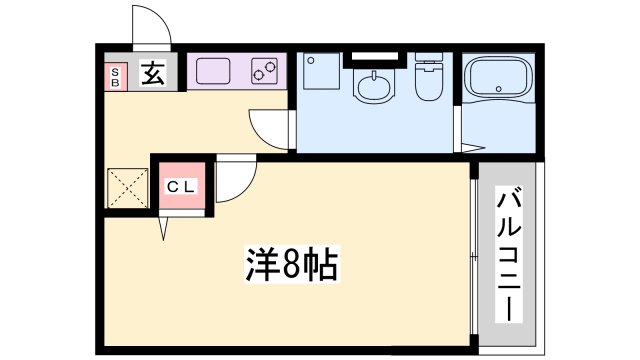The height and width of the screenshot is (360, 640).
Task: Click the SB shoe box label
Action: coord(114,77)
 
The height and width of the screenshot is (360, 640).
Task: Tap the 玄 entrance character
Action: coord(152,74)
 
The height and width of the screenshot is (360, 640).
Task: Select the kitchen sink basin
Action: coord(212,71)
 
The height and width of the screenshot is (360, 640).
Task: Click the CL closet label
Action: coord(180,186)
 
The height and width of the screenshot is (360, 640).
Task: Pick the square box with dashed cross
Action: coord(128,188)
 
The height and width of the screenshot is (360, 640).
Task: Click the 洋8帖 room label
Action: coord(290,266)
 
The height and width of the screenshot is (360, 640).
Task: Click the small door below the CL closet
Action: coord(163,228)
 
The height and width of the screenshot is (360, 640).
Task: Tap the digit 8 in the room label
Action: coord(291,266)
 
